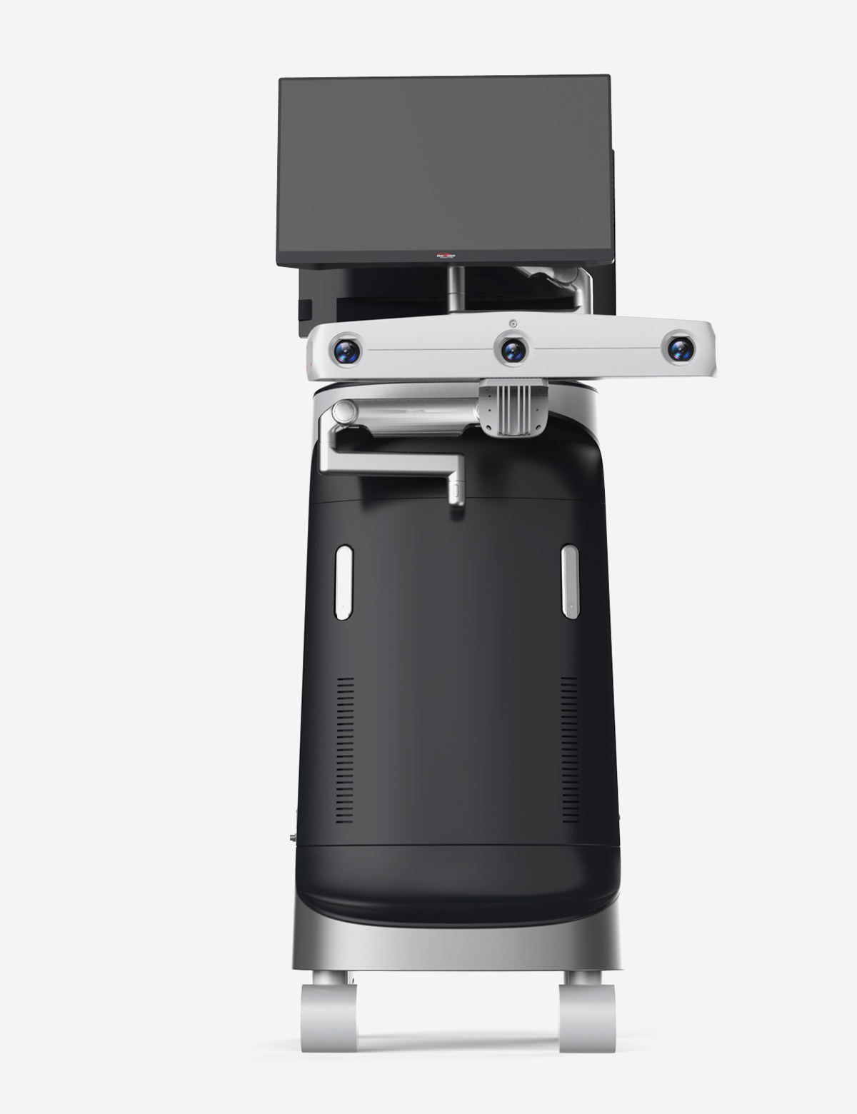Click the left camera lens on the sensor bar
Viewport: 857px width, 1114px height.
(347, 351)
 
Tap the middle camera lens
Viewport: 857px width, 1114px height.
(513, 350)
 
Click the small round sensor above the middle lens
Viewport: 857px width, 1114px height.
(513, 323)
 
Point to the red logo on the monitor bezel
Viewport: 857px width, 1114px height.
(446, 255)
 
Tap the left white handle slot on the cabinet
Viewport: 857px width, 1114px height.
(344, 581)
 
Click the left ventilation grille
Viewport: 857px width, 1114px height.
(344, 750)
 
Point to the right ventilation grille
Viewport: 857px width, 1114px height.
(569, 750)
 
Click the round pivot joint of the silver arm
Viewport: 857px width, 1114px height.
(344, 412)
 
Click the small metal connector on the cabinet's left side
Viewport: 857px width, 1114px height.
(293, 835)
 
